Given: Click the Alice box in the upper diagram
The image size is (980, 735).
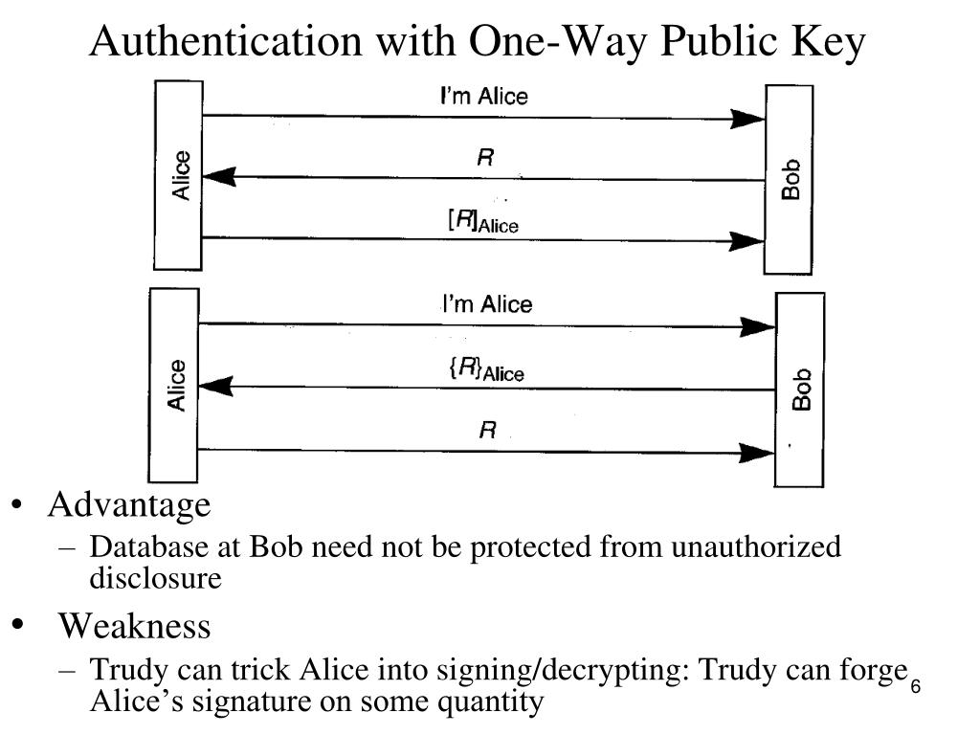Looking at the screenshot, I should (178, 175).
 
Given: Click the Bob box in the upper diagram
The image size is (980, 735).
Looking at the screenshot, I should (790, 179).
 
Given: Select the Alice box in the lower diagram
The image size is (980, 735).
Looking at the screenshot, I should (173, 385).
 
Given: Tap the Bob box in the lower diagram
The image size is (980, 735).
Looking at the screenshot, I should (799, 390).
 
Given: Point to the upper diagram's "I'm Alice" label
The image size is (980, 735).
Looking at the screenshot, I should (483, 96).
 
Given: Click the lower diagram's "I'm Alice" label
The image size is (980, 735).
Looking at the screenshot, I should (486, 304).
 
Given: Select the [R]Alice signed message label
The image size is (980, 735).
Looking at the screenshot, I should (483, 221).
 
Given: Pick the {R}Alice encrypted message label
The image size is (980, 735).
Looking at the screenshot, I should (486, 369).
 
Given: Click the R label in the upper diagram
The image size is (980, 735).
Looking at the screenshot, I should (485, 159).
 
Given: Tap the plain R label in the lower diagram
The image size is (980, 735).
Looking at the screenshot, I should (487, 431).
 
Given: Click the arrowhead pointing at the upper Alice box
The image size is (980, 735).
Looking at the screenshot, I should (218, 177).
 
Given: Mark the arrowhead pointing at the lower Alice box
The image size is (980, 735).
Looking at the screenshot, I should (214, 387).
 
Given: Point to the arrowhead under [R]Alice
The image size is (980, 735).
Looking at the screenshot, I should (746, 239).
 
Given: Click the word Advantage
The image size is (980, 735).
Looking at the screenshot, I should (129, 504).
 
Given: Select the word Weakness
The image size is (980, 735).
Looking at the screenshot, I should (134, 627).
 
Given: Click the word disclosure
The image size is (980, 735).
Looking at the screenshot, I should (155, 578).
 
